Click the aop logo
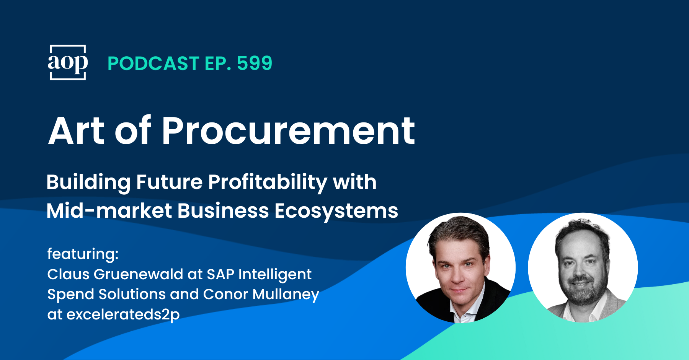pyautogui.click(x=68, y=62)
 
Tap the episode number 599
pyautogui.click(x=255, y=63)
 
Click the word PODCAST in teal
pyautogui.click(x=153, y=64)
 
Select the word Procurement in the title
pyautogui.click(x=289, y=131)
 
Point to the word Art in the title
pyautogui.click(x=77, y=131)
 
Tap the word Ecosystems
pyautogui.click(x=336, y=211)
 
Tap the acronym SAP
pyautogui.click(x=220, y=274)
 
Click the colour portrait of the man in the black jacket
pyautogui.click(x=460, y=267)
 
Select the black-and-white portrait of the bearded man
pyautogui.click(x=583, y=267)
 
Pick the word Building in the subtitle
pyautogui.click(x=88, y=182)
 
